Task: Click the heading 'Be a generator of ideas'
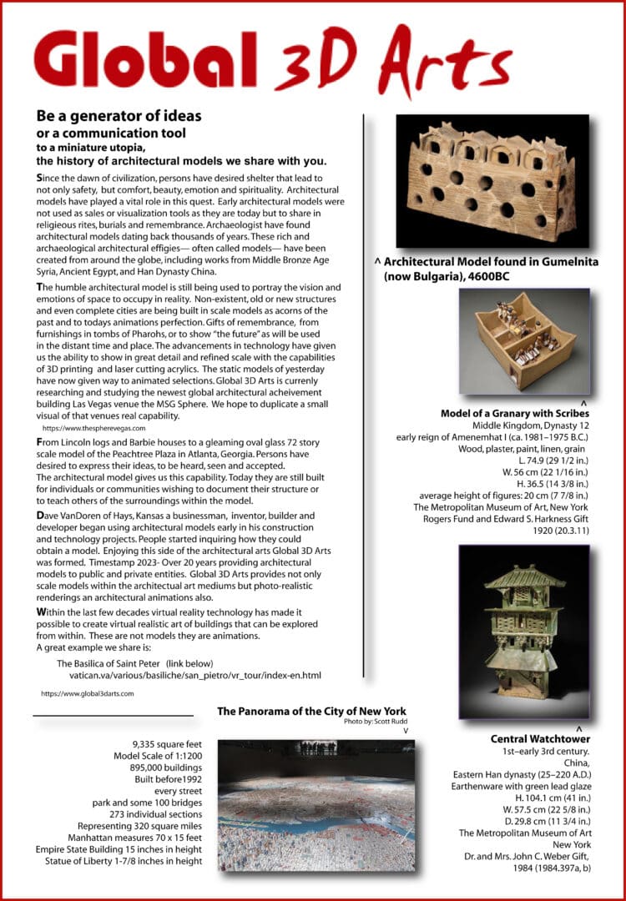pos(119,115)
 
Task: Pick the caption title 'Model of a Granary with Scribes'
pos(515,414)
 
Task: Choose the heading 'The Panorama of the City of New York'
pos(311,712)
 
